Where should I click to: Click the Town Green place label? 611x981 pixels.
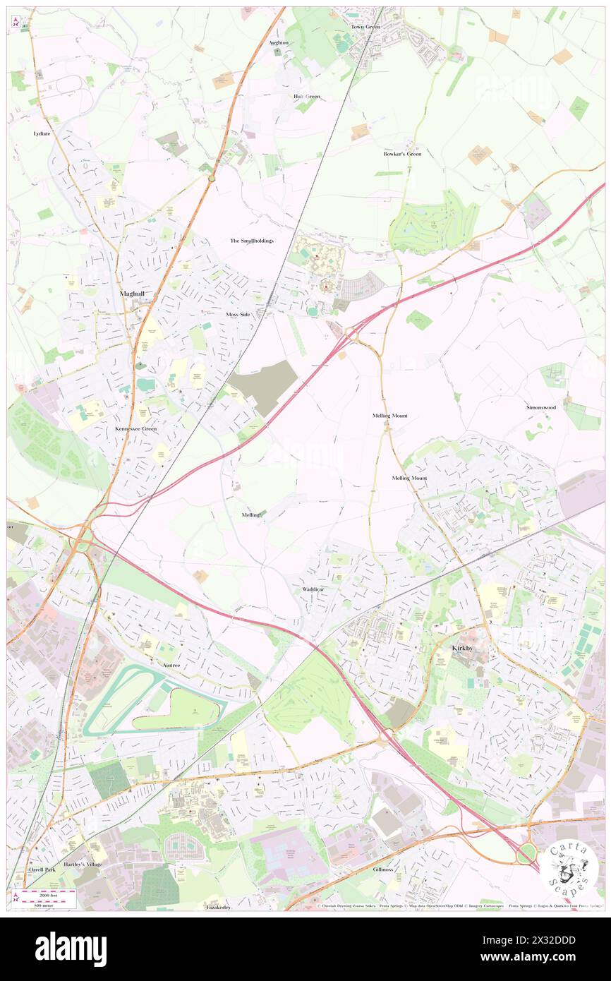coord(365,27)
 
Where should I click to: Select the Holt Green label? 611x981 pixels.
coord(306,97)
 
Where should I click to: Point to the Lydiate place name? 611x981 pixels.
coord(42,133)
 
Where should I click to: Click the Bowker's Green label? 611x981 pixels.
coord(402,154)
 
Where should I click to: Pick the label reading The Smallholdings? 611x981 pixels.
coord(252,241)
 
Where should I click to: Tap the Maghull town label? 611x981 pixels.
coord(132,293)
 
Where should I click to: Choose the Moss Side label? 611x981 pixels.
coord(238,313)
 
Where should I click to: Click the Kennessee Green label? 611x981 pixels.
coord(136,428)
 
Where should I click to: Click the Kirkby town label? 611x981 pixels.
coord(465,648)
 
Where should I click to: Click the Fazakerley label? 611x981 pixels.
coord(218,906)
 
